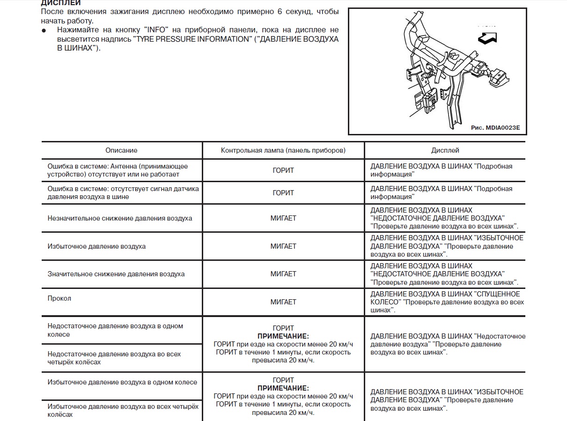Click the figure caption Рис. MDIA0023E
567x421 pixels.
coord(495,127)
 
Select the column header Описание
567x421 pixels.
coord(121,150)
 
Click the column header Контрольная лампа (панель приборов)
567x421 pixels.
coord(283,150)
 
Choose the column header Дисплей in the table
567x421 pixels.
coord(445,150)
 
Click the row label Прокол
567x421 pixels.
coord(59,298)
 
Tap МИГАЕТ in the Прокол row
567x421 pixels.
coord(283,302)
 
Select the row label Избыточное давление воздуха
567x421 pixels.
coord(96,246)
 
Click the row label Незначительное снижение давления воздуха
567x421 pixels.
coord(120,218)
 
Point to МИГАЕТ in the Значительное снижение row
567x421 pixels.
coord(283,274)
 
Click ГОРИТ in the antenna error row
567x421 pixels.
coord(283,170)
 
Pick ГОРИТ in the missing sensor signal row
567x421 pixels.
coord(283,193)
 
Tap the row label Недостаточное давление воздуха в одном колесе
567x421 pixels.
coord(115,330)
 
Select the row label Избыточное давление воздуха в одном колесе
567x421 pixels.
coord(122,382)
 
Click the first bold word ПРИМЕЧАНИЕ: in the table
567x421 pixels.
coord(283,336)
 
